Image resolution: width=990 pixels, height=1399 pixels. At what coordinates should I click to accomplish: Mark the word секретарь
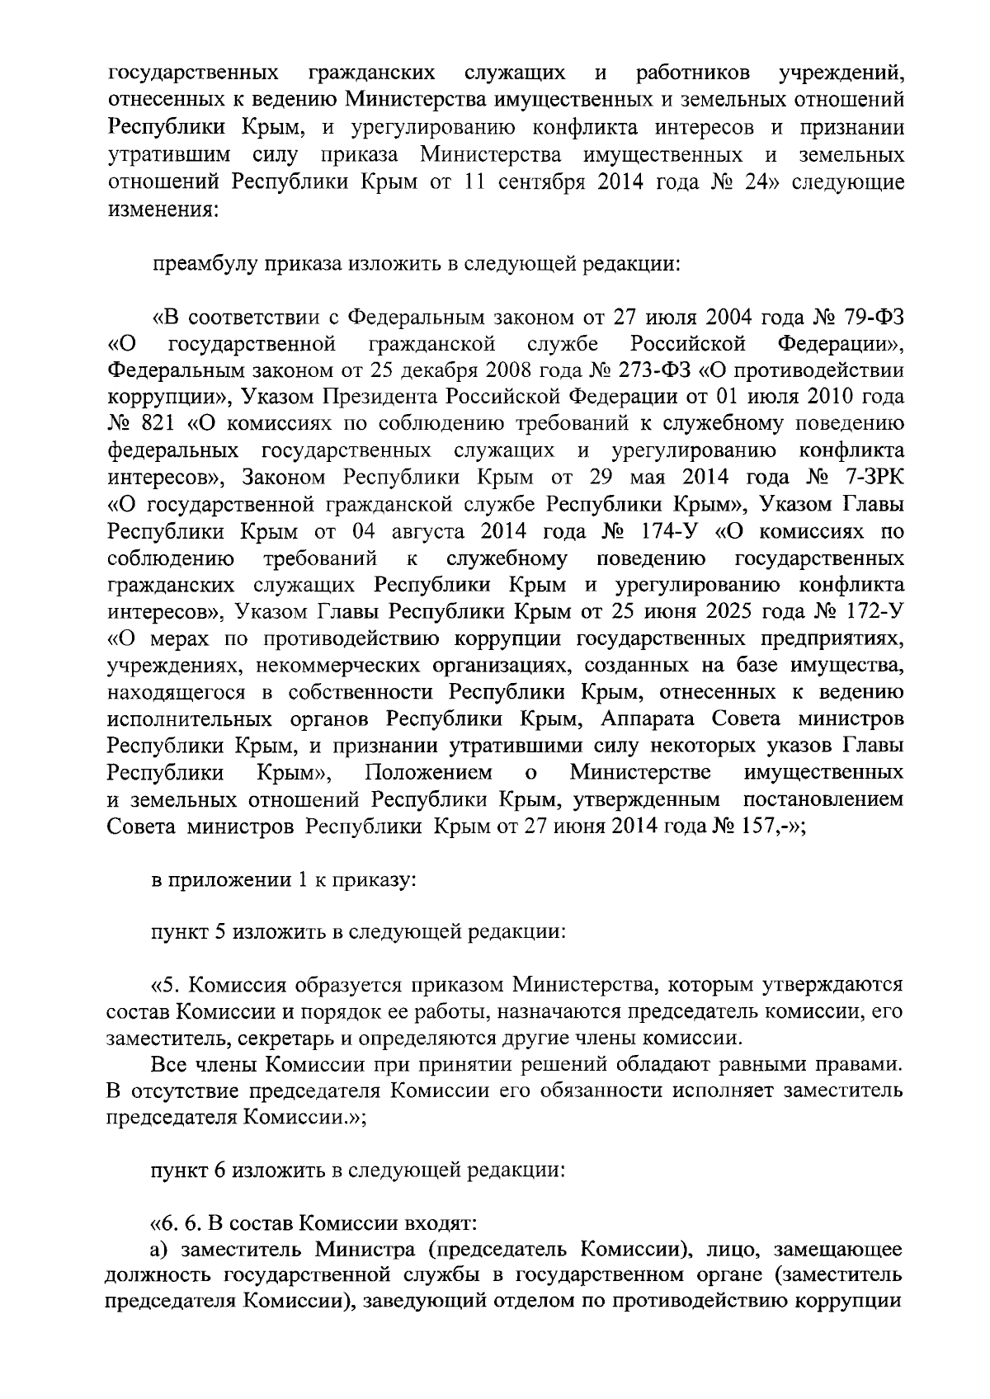point(282,1037)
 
